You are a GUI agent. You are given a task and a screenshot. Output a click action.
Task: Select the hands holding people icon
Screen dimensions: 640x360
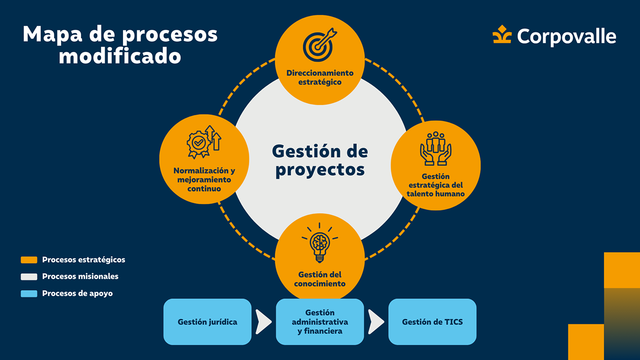pyautogui.click(x=435, y=148)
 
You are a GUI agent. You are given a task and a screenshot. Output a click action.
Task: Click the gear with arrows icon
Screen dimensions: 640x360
pyautogui.click(x=203, y=141)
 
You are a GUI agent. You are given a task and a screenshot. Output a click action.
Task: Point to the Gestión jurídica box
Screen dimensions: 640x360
pyautogui.click(x=207, y=322)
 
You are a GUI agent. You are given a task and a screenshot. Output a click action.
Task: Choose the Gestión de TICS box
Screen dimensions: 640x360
pyautogui.click(x=432, y=322)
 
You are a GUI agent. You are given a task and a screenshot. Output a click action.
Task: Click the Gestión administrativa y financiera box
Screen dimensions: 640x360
pyautogui.click(x=320, y=322)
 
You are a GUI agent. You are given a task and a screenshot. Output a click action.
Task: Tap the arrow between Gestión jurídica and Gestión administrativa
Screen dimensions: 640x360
pyautogui.click(x=263, y=321)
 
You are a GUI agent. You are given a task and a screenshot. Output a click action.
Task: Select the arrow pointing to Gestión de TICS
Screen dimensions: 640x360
pyautogui.click(x=376, y=321)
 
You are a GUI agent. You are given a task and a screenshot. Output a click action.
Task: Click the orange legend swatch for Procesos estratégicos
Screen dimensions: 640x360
pyautogui.click(x=29, y=260)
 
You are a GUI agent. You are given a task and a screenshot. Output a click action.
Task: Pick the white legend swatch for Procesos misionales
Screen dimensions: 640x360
pyautogui.click(x=29, y=276)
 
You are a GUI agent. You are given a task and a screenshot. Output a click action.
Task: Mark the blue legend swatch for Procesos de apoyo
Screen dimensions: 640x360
pyautogui.click(x=29, y=293)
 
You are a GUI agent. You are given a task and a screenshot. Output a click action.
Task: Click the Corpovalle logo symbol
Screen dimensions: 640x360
pyautogui.click(x=502, y=35)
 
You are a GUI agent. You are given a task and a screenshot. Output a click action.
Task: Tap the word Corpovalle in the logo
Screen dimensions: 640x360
pyautogui.click(x=566, y=36)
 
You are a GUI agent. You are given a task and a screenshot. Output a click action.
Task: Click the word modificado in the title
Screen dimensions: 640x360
pyautogui.click(x=120, y=56)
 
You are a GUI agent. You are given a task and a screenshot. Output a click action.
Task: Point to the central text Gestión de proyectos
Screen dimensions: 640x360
pyautogui.click(x=320, y=160)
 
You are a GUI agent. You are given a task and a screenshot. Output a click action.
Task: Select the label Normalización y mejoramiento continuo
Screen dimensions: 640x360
pyautogui.click(x=204, y=179)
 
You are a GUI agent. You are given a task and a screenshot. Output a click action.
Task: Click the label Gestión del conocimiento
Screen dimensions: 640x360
pyautogui.click(x=320, y=279)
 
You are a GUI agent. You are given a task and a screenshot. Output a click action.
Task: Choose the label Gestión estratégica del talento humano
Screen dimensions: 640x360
pyautogui.click(x=435, y=185)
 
